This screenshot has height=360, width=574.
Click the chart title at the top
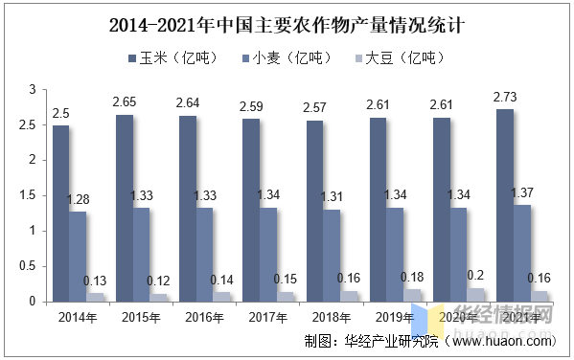[287, 23]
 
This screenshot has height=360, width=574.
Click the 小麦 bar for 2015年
[141, 255]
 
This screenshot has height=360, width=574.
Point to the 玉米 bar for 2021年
[505, 205]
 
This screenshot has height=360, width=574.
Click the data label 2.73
[506, 99]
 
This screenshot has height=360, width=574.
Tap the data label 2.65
[124, 101]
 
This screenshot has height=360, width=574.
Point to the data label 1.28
[78, 199]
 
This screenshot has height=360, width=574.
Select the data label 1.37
[522, 193]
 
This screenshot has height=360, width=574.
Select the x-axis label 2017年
[268, 317]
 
